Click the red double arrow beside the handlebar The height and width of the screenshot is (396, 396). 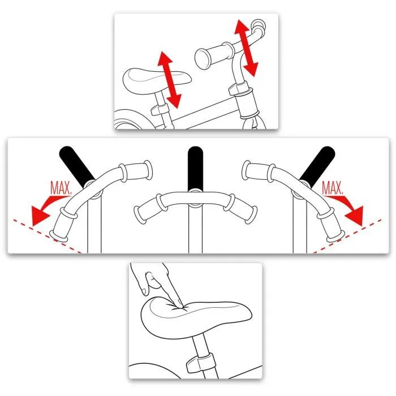[x=247, y=48]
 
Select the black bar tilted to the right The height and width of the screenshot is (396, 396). [x=316, y=164]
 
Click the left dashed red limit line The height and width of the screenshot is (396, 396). [x=45, y=235]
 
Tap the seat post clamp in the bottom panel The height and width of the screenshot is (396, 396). [x=201, y=362]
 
